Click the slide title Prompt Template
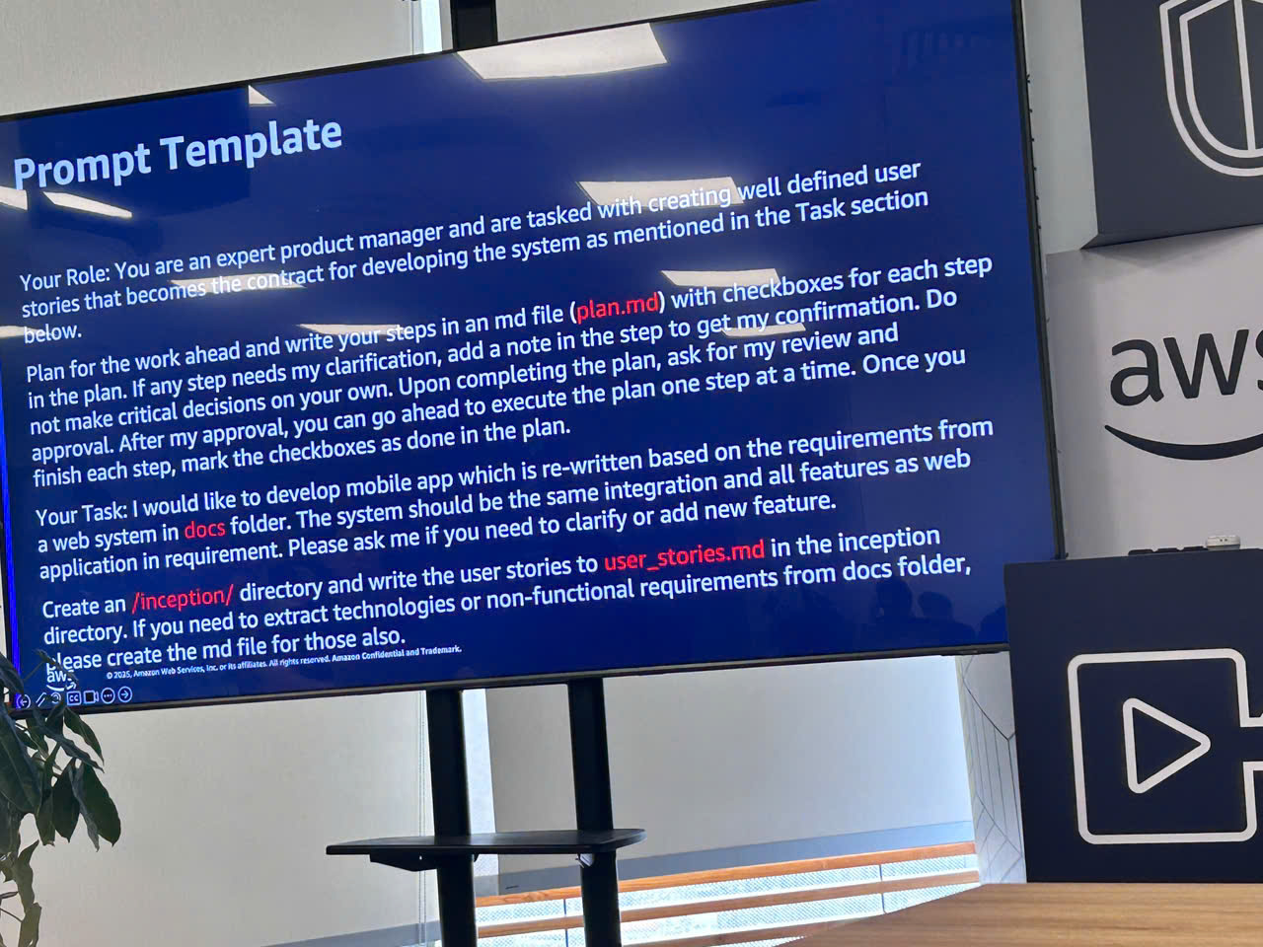(x=178, y=154)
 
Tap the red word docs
(x=204, y=529)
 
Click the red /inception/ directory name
(x=183, y=599)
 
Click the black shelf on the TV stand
(x=483, y=844)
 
